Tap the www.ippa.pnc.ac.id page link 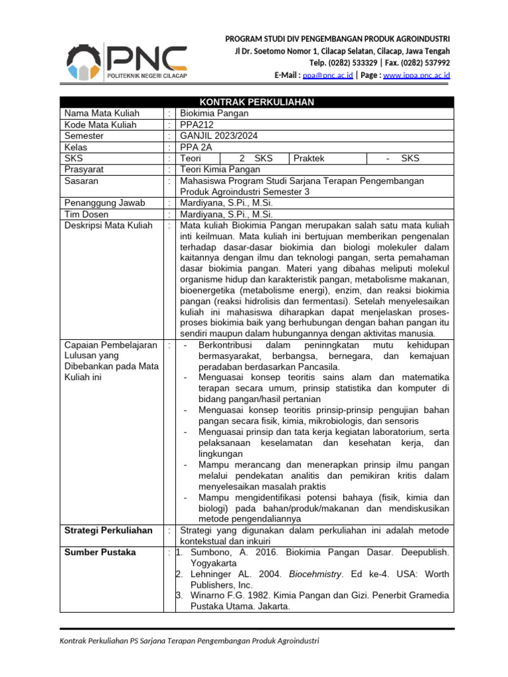point(417,76)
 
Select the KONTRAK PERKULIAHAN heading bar point(257,102)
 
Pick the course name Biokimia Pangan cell point(214,113)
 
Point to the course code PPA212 point(196,124)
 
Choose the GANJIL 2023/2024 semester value point(219,136)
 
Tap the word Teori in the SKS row point(191,158)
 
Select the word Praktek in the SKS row point(309,158)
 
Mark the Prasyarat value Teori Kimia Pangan point(221,169)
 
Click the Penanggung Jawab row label point(105,203)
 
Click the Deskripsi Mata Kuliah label point(107,225)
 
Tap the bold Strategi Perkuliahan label point(108,530)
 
